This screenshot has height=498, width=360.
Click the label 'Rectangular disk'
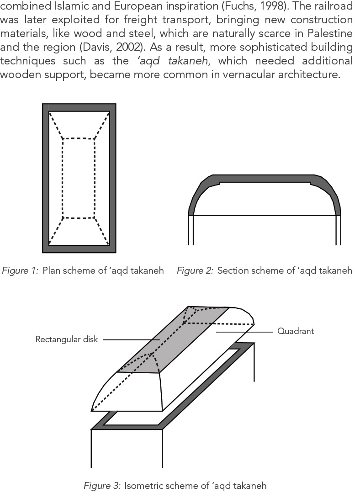(x=67, y=339)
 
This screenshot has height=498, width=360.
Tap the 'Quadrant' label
(x=296, y=331)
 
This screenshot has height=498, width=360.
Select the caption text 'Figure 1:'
(x=21, y=271)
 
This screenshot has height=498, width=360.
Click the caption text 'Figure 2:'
(x=195, y=271)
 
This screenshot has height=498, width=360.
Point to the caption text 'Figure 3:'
(x=102, y=485)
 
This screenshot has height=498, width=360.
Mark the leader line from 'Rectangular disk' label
(x=128, y=339)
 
